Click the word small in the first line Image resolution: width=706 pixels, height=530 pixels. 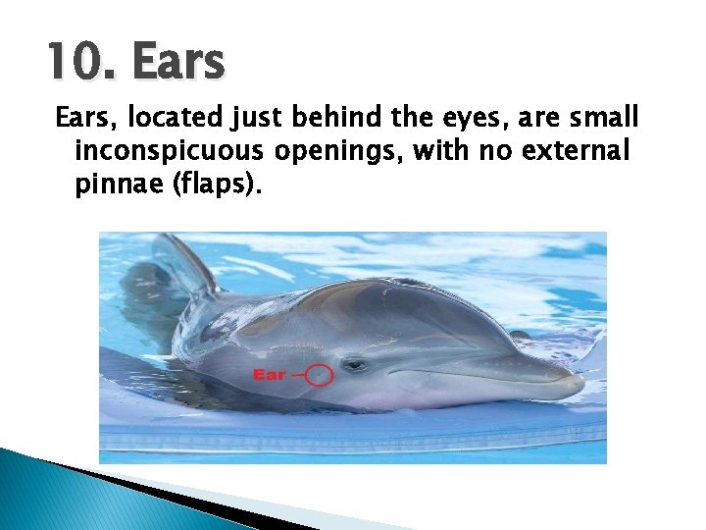tap(605, 120)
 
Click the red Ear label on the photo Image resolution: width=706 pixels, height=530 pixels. tap(269, 374)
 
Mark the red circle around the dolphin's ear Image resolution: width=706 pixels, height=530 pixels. tap(319, 374)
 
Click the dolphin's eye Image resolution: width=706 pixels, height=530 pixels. tap(355, 364)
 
